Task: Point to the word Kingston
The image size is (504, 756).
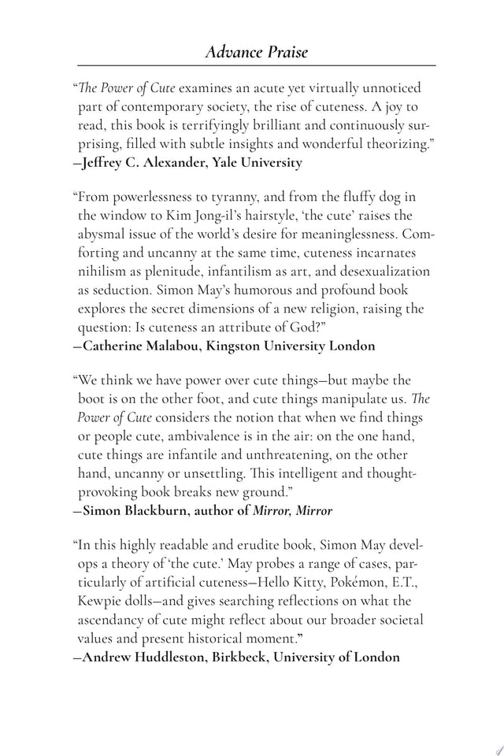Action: click(251, 346)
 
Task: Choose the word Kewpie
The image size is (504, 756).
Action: click(101, 601)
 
